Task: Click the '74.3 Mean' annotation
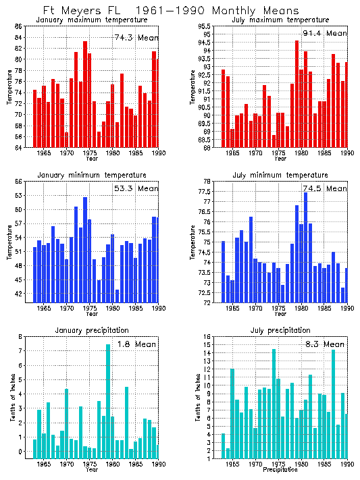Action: tap(136, 38)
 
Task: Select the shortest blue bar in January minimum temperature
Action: tap(117, 295)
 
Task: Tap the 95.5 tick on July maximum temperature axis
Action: tap(208, 26)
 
